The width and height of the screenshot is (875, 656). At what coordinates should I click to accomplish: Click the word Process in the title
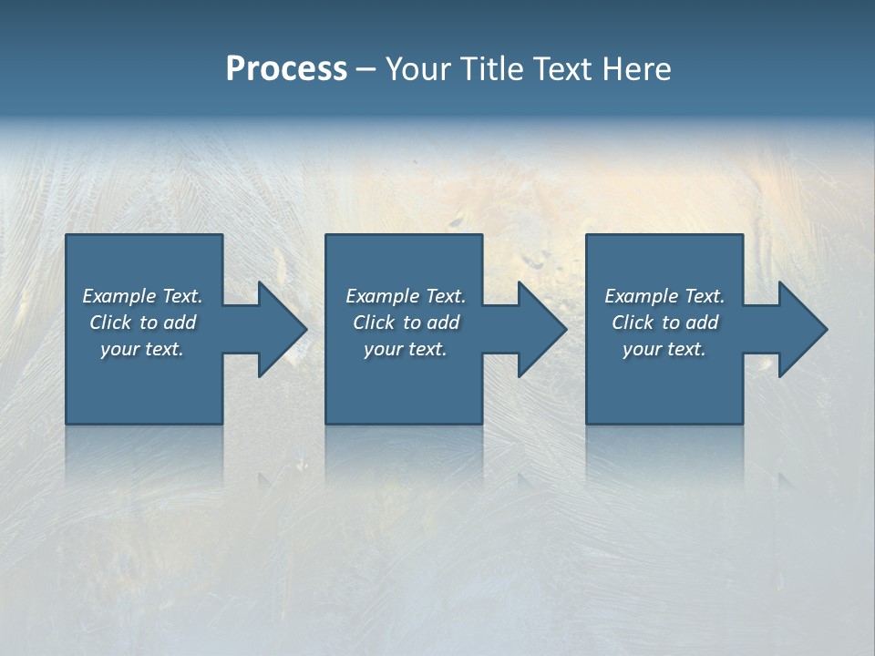coord(286,69)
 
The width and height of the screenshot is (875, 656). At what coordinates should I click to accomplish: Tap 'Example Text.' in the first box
coord(142,296)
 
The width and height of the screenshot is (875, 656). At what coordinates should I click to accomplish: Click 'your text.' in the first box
coord(142,349)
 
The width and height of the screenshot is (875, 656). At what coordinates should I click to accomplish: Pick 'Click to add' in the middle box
coord(406,323)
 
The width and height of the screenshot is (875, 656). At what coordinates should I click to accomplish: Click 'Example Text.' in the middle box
coord(406,296)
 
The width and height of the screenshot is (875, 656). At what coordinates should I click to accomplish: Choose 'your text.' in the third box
coord(664,349)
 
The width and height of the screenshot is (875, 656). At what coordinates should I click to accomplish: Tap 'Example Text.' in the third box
coord(664,296)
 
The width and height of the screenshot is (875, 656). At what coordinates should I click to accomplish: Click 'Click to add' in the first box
coord(142,323)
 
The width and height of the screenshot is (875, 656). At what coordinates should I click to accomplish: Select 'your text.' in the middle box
coord(406,349)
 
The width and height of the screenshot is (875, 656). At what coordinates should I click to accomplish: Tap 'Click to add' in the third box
coord(664,323)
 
